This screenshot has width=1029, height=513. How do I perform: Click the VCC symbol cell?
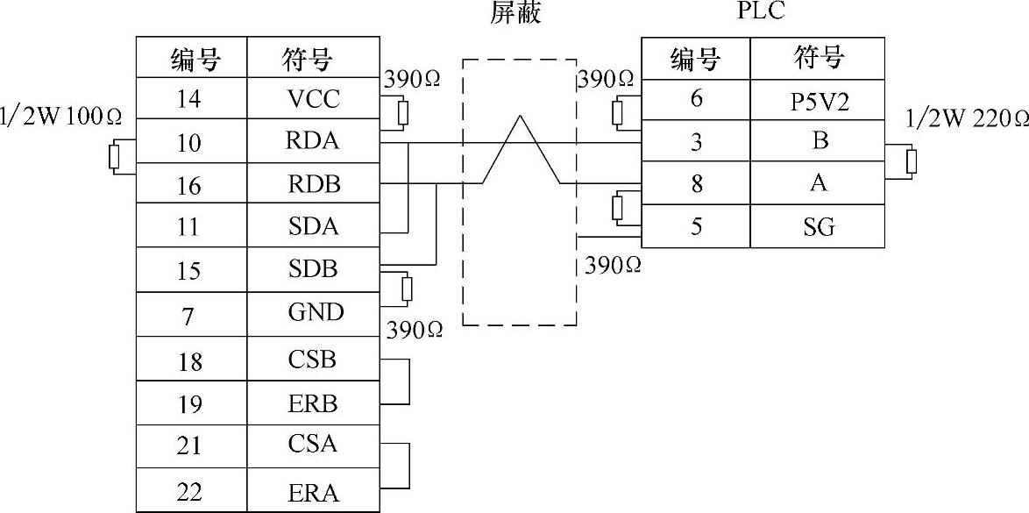pyautogui.click(x=313, y=99)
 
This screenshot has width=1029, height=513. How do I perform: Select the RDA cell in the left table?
pyautogui.click(x=313, y=141)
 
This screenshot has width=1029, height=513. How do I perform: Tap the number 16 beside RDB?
pyautogui.click(x=189, y=185)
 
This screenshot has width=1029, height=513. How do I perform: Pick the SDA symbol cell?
pyautogui.click(x=313, y=227)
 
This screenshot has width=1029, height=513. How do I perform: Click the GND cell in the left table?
pyautogui.click(x=313, y=312)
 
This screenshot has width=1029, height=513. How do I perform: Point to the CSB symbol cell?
pyautogui.click(x=313, y=360)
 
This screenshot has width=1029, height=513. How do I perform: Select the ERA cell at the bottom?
pyautogui.click(x=313, y=492)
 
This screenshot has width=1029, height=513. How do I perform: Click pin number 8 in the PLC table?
pyautogui.click(x=696, y=184)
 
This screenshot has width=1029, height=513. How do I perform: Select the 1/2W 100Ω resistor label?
pyautogui.click(x=60, y=116)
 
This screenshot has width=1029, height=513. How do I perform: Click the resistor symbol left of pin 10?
pyautogui.click(x=113, y=157)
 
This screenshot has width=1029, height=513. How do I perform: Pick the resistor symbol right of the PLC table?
pyautogui.click(x=912, y=161)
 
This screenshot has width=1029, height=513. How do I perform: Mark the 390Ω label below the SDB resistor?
pyautogui.click(x=414, y=330)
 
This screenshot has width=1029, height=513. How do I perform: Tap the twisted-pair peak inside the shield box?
pyautogui.click(x=521, y=118)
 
